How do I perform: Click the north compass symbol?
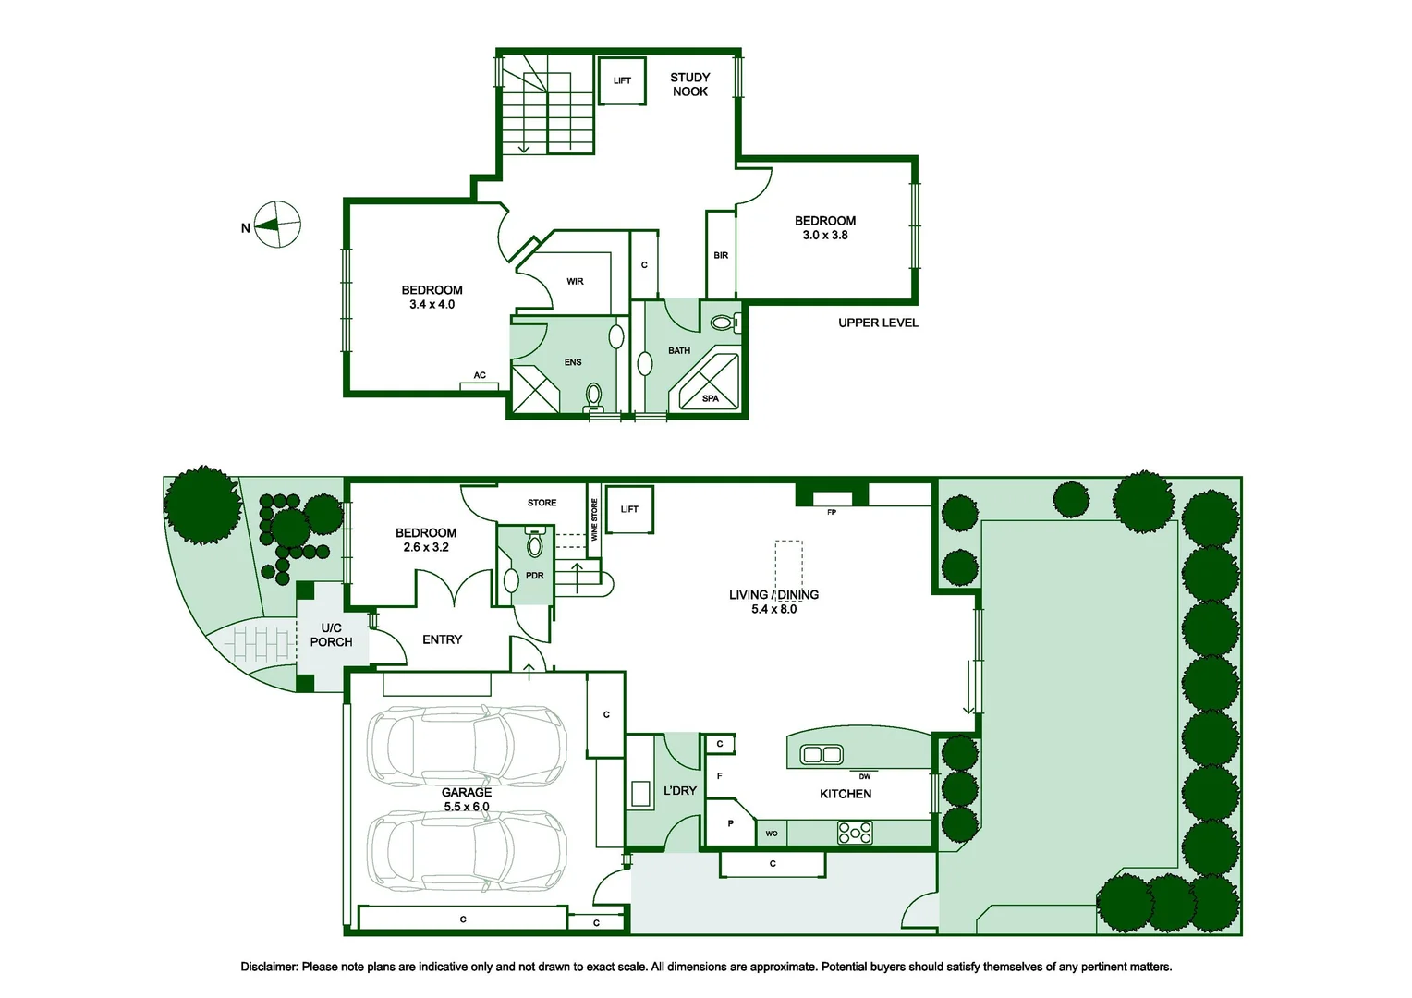pos(277,225)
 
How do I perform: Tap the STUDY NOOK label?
pos(689,84)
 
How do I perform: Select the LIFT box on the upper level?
pos(622,80)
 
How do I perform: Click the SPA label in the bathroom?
pos(710,398)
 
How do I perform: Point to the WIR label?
pos(575,281)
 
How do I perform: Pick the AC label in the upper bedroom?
pos(480,375)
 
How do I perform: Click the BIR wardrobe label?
pos(721,255)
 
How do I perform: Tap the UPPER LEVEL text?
pos(878,323)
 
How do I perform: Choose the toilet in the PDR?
pos(534,542)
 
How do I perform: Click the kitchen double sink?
pos(822,754)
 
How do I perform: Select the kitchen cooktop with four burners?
pos(855,833)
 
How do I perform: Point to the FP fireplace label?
pos(832,513)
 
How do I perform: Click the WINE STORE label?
pos(594,519)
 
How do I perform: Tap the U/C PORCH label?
pos(331,635)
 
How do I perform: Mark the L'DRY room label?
pos(679,790)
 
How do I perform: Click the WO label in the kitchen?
pos(772,834)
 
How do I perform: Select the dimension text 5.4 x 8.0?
pos(773,609)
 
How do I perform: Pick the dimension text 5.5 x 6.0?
pos(467,807)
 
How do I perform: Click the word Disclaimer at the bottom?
pos(269,967)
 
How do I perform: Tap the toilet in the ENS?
pos(593,397)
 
